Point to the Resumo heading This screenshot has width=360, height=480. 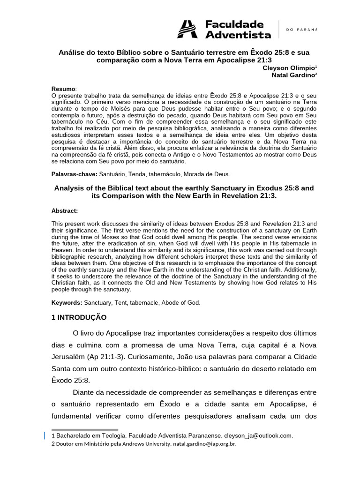point(63,89)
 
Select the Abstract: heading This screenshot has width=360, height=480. point(65,211)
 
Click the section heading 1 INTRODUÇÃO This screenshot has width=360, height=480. point(79,317)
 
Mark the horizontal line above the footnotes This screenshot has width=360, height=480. point(84,429)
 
